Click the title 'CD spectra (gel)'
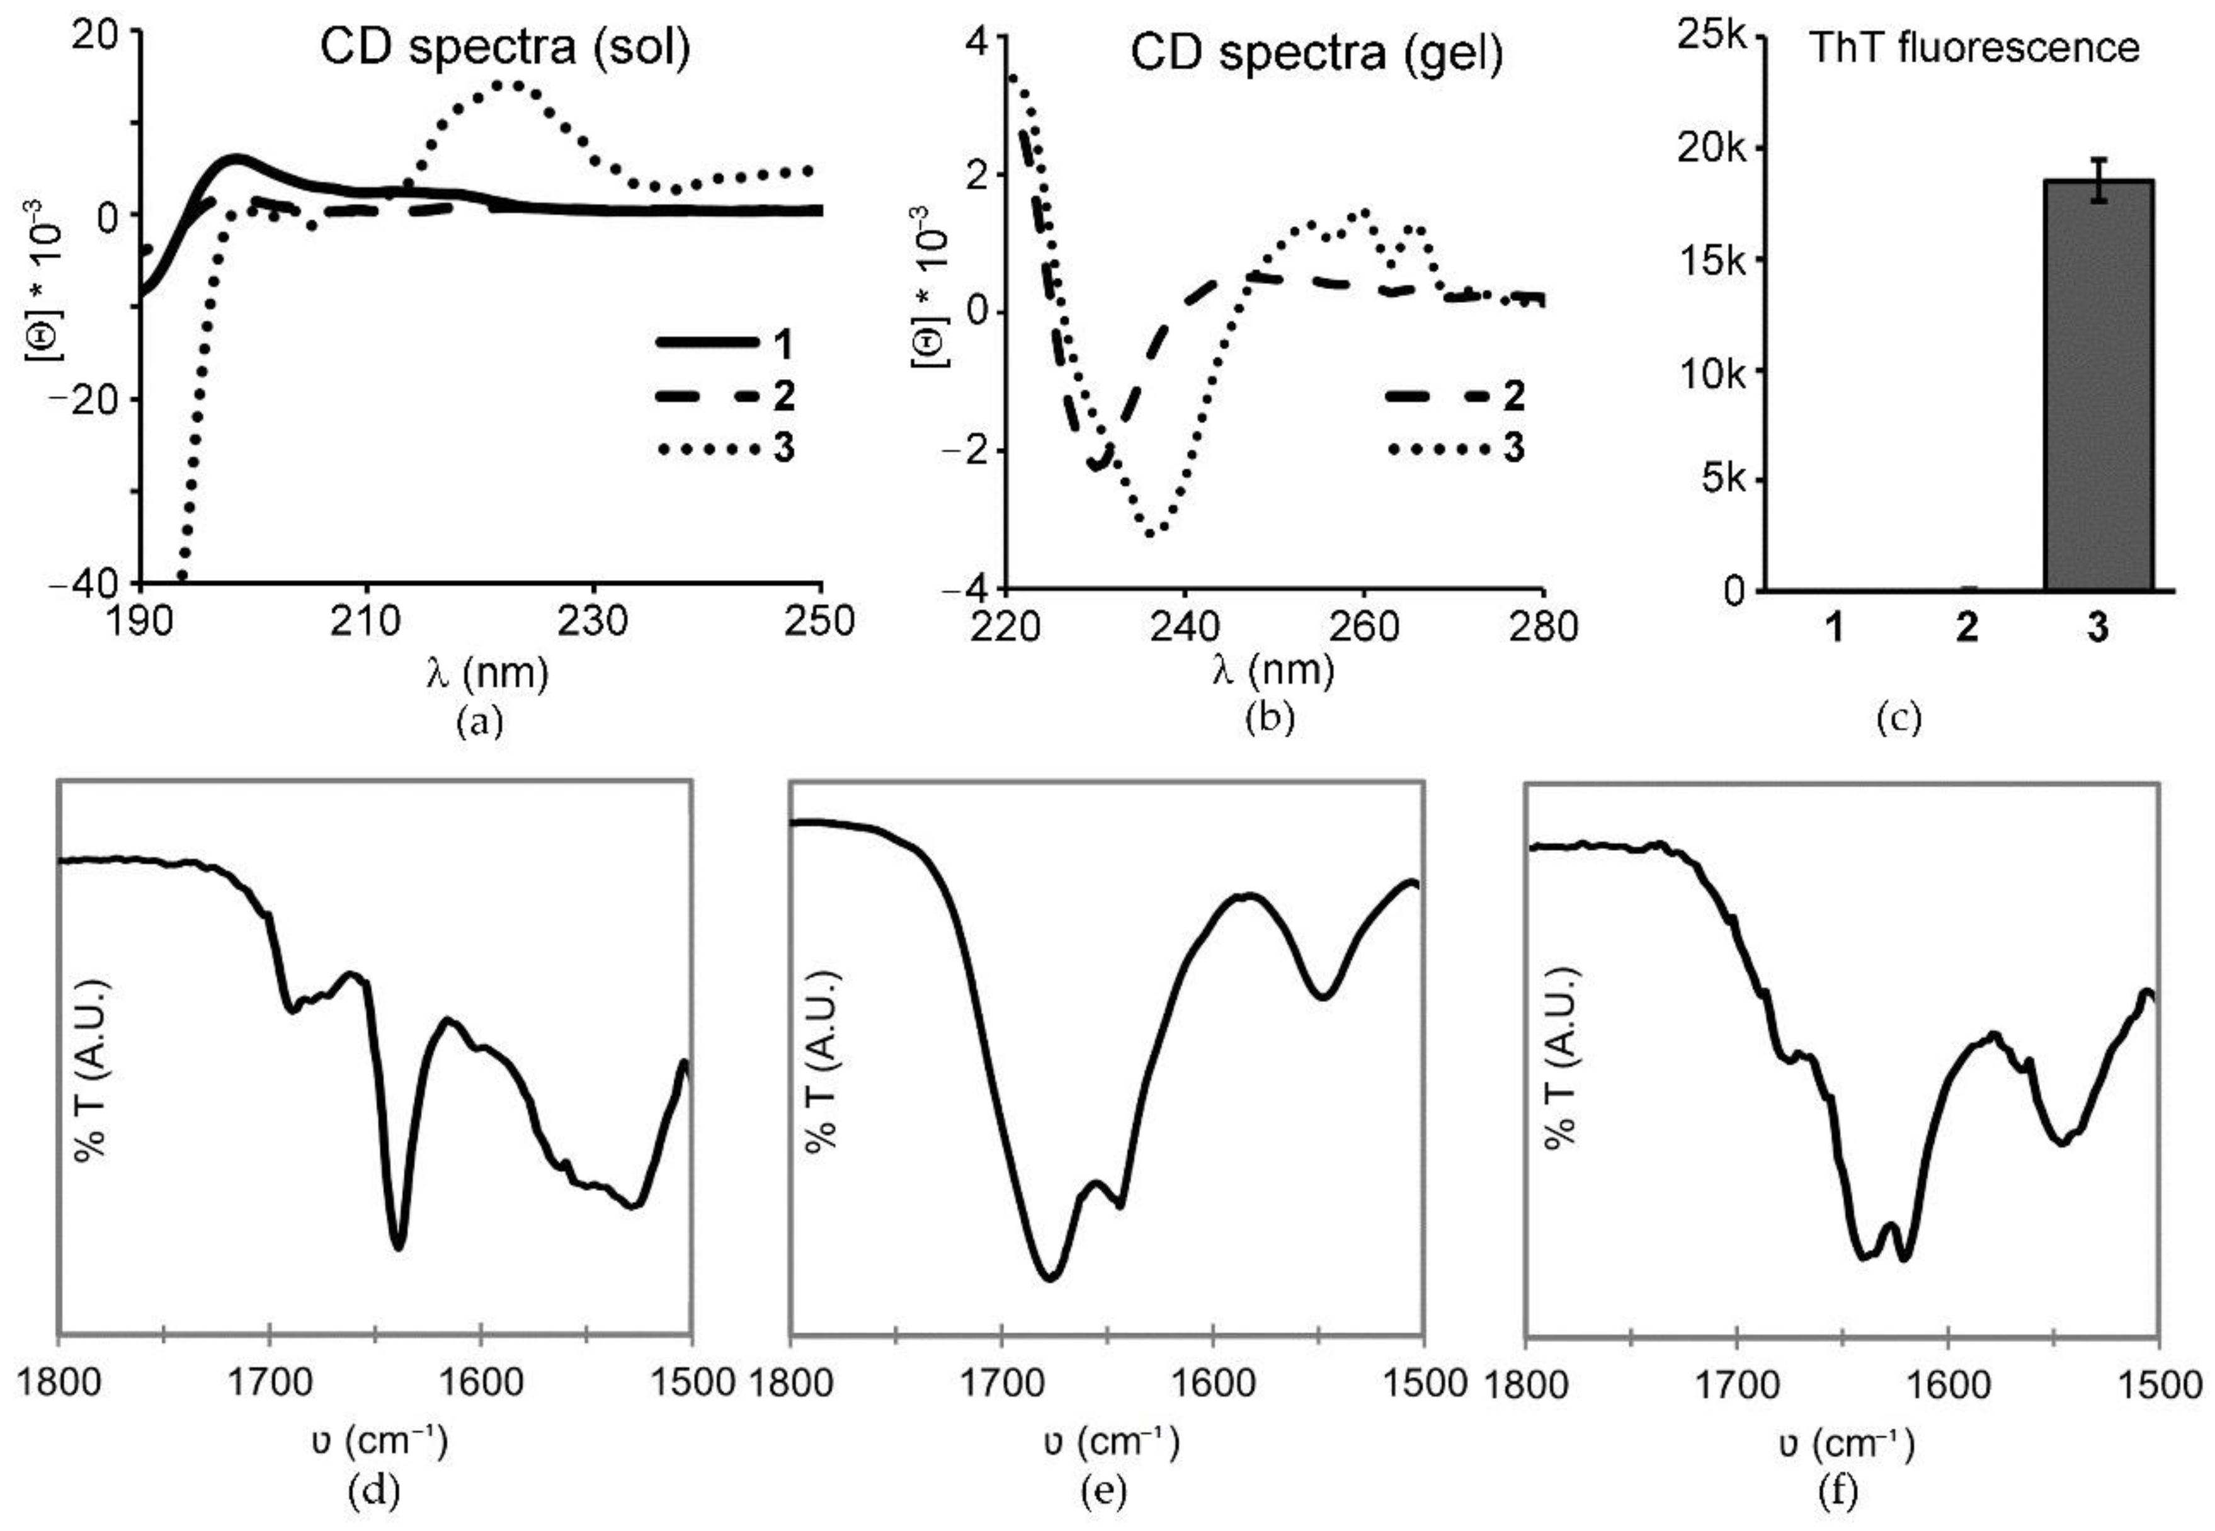[1316, 54]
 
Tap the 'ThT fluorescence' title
[1974, 47]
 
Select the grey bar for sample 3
[2099, 384]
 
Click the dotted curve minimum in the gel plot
[1151, 532]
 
